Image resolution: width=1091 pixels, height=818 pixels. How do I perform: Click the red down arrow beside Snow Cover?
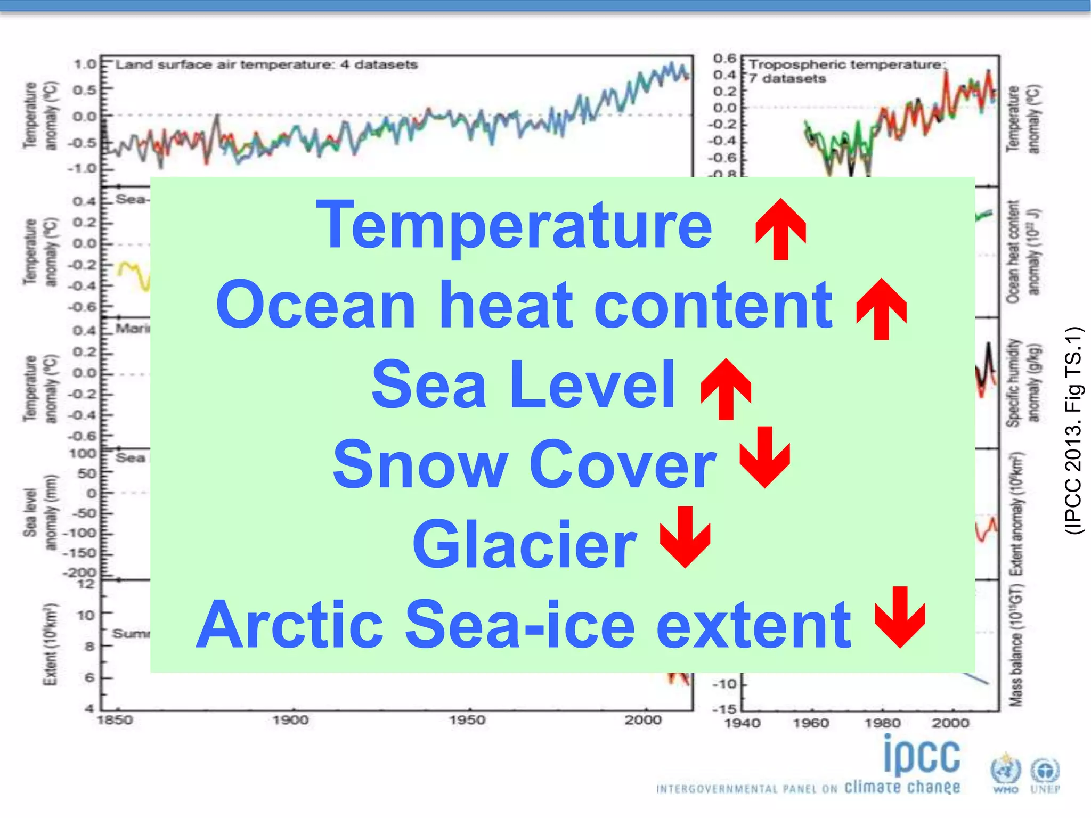tap(764, 457)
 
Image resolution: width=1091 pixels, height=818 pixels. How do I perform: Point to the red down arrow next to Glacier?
tap(685, 537)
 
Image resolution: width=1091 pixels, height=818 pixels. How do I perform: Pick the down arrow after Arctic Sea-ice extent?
tap(900, 617)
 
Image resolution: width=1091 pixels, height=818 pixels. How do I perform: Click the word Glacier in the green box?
tap(524, 544)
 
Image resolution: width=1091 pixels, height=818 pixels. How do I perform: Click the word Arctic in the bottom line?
tap(290, 624)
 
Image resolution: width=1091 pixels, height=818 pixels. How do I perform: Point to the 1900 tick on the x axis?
tap(291, 720)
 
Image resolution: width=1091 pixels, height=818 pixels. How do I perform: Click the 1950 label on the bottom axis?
tap(467, 720)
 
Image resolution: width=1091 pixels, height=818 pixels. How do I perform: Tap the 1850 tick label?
tap(115, 720)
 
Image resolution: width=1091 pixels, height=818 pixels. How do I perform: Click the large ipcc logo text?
tap(922, 756)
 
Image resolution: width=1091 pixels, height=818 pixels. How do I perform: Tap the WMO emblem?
tap(1005, 772)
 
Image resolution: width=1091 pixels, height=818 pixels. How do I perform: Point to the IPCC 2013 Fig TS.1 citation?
tap(1074, 430)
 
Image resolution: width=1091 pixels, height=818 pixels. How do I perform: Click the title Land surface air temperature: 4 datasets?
tap(266, 65)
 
